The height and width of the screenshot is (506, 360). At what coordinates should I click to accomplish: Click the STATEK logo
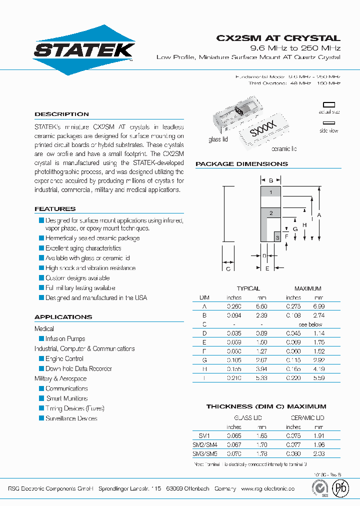tap(84, 49)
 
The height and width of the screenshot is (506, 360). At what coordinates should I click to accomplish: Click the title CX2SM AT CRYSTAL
tap(278, 38)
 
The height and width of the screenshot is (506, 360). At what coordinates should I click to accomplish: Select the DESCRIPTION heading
tap(61, 114)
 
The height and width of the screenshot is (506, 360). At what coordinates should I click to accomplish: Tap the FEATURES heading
tap(55, 209)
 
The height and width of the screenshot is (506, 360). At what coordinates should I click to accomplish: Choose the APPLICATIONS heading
tap(63, 317)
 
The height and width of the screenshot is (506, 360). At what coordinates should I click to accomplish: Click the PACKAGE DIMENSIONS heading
tap(241, 164)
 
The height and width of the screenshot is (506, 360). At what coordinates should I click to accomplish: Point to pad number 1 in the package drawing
tap(270, 192)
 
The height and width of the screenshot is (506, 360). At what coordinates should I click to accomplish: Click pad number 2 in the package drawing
tap(270, 213)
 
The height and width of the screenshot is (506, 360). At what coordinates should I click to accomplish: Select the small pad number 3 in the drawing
tap(277, 237)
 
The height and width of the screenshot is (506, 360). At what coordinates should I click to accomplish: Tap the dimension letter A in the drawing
tap(319, 214)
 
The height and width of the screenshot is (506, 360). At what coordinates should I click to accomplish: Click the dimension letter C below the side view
tap(228, 269)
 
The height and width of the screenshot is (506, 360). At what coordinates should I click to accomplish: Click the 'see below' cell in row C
tap(310, 324)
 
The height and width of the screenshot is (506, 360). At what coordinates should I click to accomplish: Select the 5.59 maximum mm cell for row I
tap(319, 378)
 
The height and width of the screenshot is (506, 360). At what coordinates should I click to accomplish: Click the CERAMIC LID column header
tap(307, 418)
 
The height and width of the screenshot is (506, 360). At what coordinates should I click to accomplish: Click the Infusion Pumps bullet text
tap(65, 339)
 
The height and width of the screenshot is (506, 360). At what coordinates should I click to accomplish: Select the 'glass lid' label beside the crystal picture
tap(218, 139)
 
